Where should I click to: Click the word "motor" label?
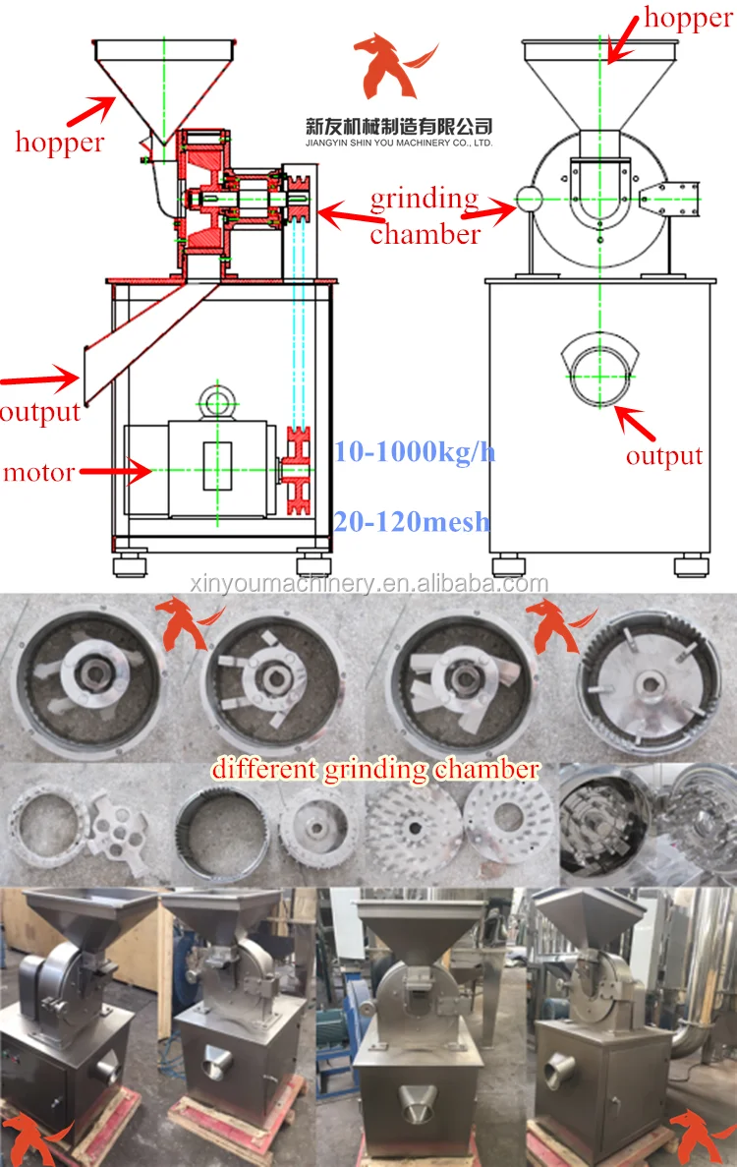(38, 473)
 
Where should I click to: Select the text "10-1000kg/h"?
(414, 452)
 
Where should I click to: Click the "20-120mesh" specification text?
(411, 521)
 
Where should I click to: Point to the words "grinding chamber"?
(425, 216)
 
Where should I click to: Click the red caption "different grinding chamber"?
(375, 769)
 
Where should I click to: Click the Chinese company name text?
(398, 127)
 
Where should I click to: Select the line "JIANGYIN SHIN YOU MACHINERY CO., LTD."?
(398, 144)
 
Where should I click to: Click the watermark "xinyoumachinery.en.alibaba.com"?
(368, 584)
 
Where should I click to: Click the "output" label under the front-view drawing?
(664, 456)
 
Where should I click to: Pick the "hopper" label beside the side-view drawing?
(59, 143)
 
